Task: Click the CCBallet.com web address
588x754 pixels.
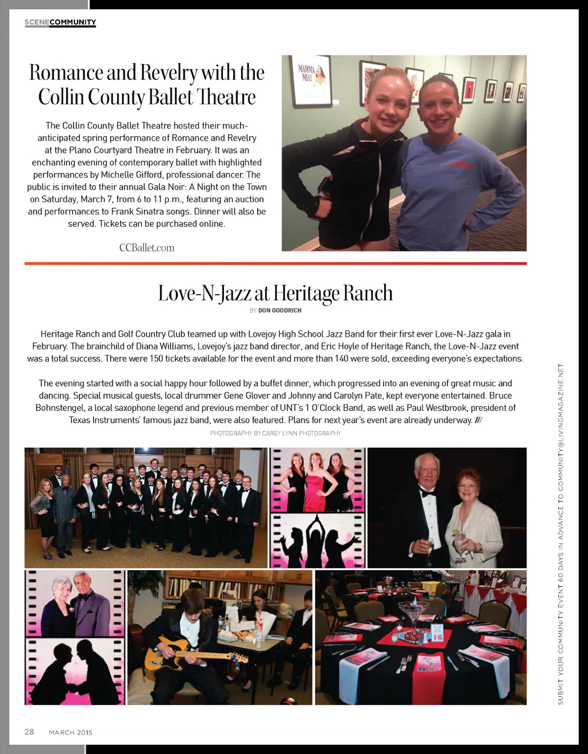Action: click(146, 248)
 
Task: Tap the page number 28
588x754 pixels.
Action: click(29, 732)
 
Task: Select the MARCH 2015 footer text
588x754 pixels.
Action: click(71, 732)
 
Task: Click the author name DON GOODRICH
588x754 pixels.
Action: click(280, 310)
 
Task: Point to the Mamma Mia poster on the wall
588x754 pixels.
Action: click(311, 80)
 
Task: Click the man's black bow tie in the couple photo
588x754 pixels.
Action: click(427, 493)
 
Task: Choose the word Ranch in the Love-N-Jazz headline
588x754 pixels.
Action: click(367, 293)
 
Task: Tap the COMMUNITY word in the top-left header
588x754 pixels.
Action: click(73, 22)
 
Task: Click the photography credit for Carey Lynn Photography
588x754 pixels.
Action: click(276, 433)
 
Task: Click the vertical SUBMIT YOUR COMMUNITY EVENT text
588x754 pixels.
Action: click(561, 534)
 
